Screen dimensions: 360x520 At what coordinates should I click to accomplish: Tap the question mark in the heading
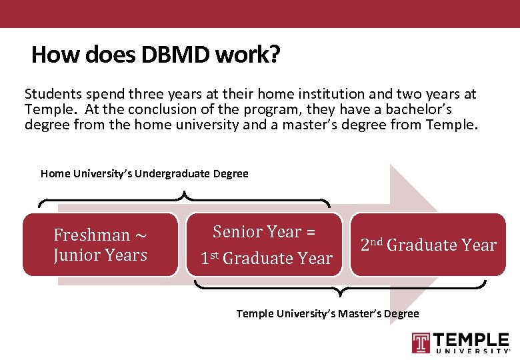pyautogui.click(x=274, y=55)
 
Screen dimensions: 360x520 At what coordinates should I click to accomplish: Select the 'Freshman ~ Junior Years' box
pyautogui.click(x=101, y=245)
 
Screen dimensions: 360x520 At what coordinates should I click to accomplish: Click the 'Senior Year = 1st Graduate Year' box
pyautogui.click(x=266, y=245)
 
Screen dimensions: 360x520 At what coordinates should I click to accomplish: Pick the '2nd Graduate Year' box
pyautogui.click(x=428, y=245)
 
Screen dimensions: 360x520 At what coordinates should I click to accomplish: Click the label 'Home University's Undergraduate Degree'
pyautogui.click(x=144, y=174)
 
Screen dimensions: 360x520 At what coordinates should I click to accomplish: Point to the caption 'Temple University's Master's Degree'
pyautogui.click(x=327, y=313)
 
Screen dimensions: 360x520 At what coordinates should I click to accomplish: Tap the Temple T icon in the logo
pyautogui.click(x=421, y=342)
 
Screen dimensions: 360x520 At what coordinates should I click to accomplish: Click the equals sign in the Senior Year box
pyautogui.click(x=310, y=232)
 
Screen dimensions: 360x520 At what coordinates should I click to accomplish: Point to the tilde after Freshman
pyautogui.click(x=141, y=235)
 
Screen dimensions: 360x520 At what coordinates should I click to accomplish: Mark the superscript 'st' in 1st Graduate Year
pyautogui.click(x=215, y=255)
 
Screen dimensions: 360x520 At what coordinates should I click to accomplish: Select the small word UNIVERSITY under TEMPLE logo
pyautogui.click(x=472, y=351)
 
